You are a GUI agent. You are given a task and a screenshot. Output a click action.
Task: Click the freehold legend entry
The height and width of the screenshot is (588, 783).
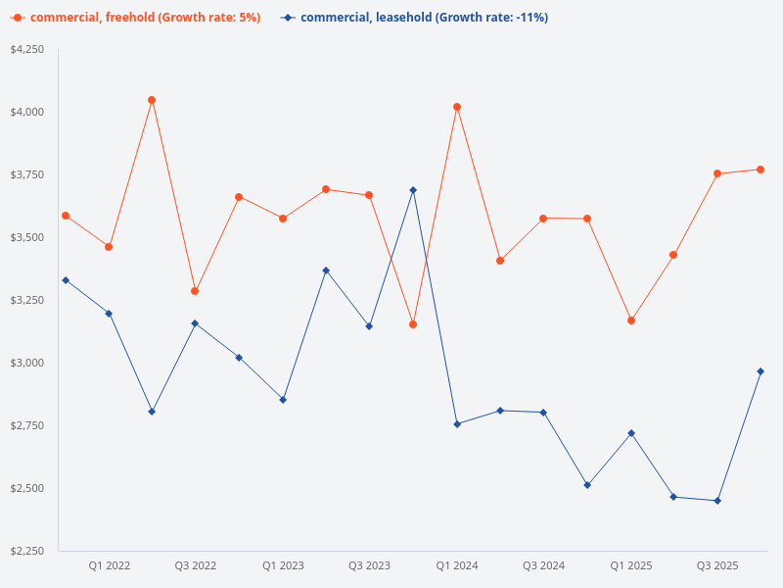(137, 18)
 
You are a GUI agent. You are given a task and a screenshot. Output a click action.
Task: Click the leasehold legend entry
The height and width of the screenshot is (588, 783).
(415, 18)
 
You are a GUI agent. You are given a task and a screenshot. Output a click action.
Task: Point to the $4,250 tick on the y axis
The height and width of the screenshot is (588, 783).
(26, 49)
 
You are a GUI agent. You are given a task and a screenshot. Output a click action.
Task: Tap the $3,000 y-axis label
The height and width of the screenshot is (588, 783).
(26, 363)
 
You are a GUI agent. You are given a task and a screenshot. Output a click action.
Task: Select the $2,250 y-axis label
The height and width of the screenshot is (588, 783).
(26, 551)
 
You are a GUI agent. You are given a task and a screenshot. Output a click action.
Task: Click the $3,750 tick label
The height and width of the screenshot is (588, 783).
(26, 174)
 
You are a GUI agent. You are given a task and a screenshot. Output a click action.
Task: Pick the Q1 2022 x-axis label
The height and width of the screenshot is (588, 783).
(109, 565)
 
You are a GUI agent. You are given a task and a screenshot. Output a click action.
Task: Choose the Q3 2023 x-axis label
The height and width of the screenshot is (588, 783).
(369, 565)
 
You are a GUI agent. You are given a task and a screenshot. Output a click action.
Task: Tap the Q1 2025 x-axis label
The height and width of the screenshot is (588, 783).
(630, 565)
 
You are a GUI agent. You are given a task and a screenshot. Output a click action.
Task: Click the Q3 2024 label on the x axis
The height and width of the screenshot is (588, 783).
(543, 565)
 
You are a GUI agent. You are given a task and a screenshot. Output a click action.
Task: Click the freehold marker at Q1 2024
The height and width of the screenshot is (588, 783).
(457, 107)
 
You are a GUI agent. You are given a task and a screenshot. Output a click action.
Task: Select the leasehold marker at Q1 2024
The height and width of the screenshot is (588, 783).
(457, 424)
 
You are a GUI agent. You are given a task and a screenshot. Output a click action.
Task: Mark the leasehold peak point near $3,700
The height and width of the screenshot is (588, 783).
(413, 190)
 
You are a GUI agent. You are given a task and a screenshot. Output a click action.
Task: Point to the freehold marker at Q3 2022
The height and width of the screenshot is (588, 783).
(195, 291)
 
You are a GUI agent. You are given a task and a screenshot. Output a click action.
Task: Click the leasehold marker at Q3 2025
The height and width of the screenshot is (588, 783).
(717, 501)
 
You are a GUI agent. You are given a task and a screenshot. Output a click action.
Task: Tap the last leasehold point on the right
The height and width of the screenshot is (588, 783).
(760, 371)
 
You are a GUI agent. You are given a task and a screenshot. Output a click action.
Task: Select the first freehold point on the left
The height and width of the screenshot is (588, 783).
(66, 216)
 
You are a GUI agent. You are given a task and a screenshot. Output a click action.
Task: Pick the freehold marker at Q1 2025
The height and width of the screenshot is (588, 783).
(631, 320)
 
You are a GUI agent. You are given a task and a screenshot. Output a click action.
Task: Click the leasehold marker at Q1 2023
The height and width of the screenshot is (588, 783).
(283, 400)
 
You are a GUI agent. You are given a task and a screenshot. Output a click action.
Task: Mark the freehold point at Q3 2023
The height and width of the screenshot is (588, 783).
(369, 195)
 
